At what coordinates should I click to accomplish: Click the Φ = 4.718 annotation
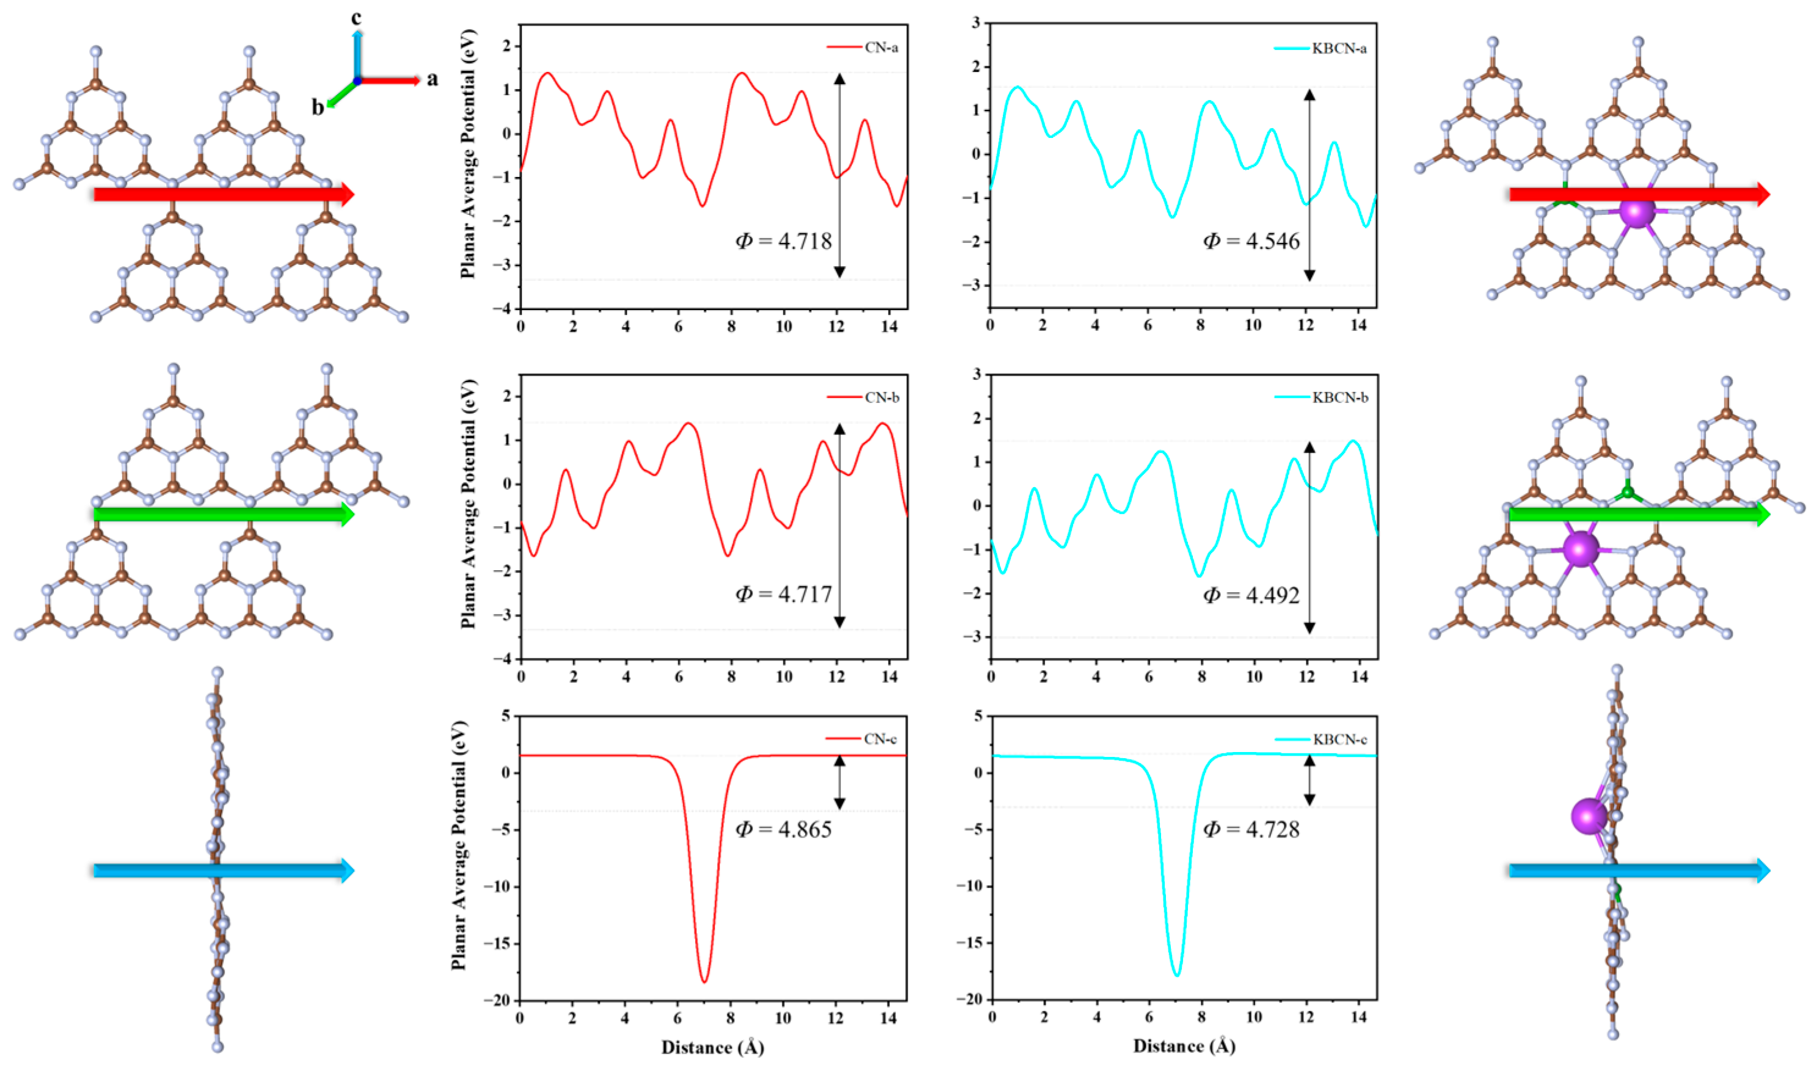coord(783,241)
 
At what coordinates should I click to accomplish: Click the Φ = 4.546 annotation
coord(1251,241)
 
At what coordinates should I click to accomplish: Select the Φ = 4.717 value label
coord(783,594)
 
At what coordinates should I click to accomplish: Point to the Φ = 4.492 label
coord(1251,595)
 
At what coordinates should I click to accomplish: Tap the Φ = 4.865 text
coord(783,829)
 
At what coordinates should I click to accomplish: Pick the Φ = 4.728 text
coord(1251,829)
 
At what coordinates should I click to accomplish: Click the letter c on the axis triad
coord(356,18)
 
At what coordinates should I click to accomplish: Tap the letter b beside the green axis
coord(318,107)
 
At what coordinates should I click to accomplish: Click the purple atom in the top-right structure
coord(1637,211)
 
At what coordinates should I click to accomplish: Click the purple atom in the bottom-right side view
coord(1589,816)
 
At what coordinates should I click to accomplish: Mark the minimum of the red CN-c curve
coord(704,982)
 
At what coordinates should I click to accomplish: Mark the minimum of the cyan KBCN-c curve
coord(1176,974)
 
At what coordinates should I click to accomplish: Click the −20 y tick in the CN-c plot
coord(498,1000)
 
